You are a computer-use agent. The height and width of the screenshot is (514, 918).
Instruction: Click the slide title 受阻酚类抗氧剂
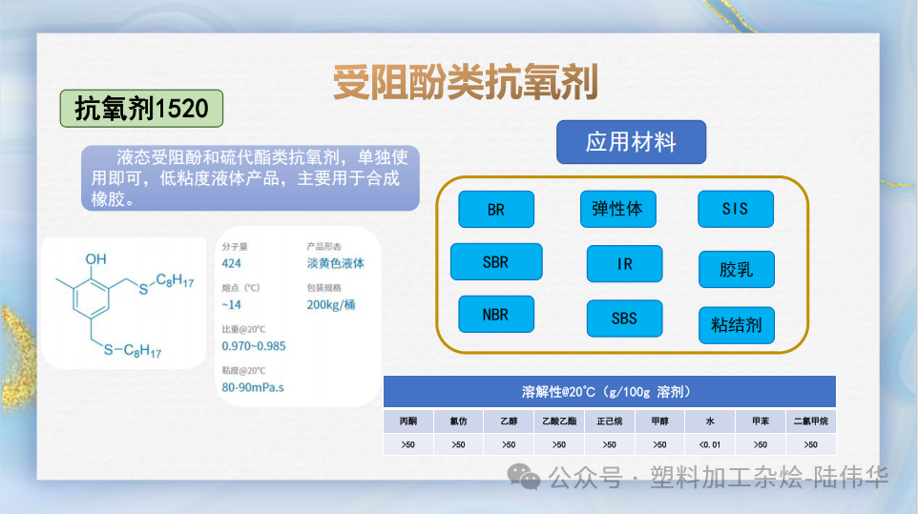(x=466, y=84)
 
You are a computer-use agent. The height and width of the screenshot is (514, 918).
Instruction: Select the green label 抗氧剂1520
(x=141, y=109)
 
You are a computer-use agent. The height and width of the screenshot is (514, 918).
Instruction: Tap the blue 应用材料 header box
(x=631, y=143)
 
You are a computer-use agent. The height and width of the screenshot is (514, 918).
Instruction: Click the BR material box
(x=496, y=210)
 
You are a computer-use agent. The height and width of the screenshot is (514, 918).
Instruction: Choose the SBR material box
(x=496, y=262)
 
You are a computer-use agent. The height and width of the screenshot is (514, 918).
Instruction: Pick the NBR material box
(x=496, y=314)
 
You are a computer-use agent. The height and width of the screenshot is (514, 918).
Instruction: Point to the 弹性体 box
(x=617, y=209)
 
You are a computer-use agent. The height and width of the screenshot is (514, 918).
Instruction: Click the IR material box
(x=624, y=264)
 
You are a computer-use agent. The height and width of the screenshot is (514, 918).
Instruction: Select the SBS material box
(x=624, y=319)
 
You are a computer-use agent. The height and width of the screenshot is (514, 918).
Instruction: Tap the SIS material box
(x=735, y=209)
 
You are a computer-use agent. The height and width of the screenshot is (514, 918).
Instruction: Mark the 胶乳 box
(x=736, y=270)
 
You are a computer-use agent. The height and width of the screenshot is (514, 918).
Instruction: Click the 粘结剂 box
(x=736, y=325)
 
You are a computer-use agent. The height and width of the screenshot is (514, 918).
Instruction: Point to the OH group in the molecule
(x=96, y=258)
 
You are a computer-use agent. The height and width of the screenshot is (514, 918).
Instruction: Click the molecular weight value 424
(x=231, y=263)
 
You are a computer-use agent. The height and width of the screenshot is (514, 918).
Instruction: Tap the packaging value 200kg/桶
(x=331, y=305)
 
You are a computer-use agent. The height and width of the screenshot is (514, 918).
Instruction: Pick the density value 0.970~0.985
(x=254, y=346)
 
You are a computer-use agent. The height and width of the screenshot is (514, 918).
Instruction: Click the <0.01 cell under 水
(x=709, y=444)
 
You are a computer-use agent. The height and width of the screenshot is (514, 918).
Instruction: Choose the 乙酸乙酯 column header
(x=558, y=421)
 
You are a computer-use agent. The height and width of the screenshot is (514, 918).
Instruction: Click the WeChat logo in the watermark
(x=524, y=474)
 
